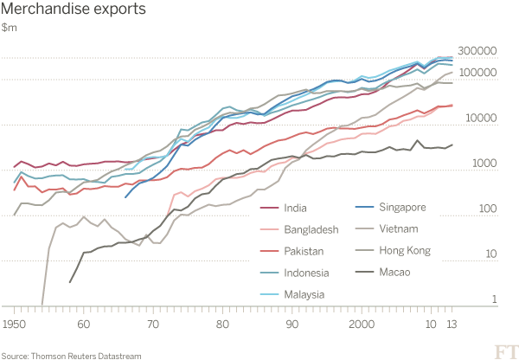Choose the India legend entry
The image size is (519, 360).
click(295, 208)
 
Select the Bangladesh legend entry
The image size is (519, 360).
click(309, 229)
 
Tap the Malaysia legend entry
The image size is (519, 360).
click(304, 295)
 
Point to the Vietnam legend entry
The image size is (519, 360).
click(398, 229)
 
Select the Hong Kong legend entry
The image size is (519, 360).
click(404, 252)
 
